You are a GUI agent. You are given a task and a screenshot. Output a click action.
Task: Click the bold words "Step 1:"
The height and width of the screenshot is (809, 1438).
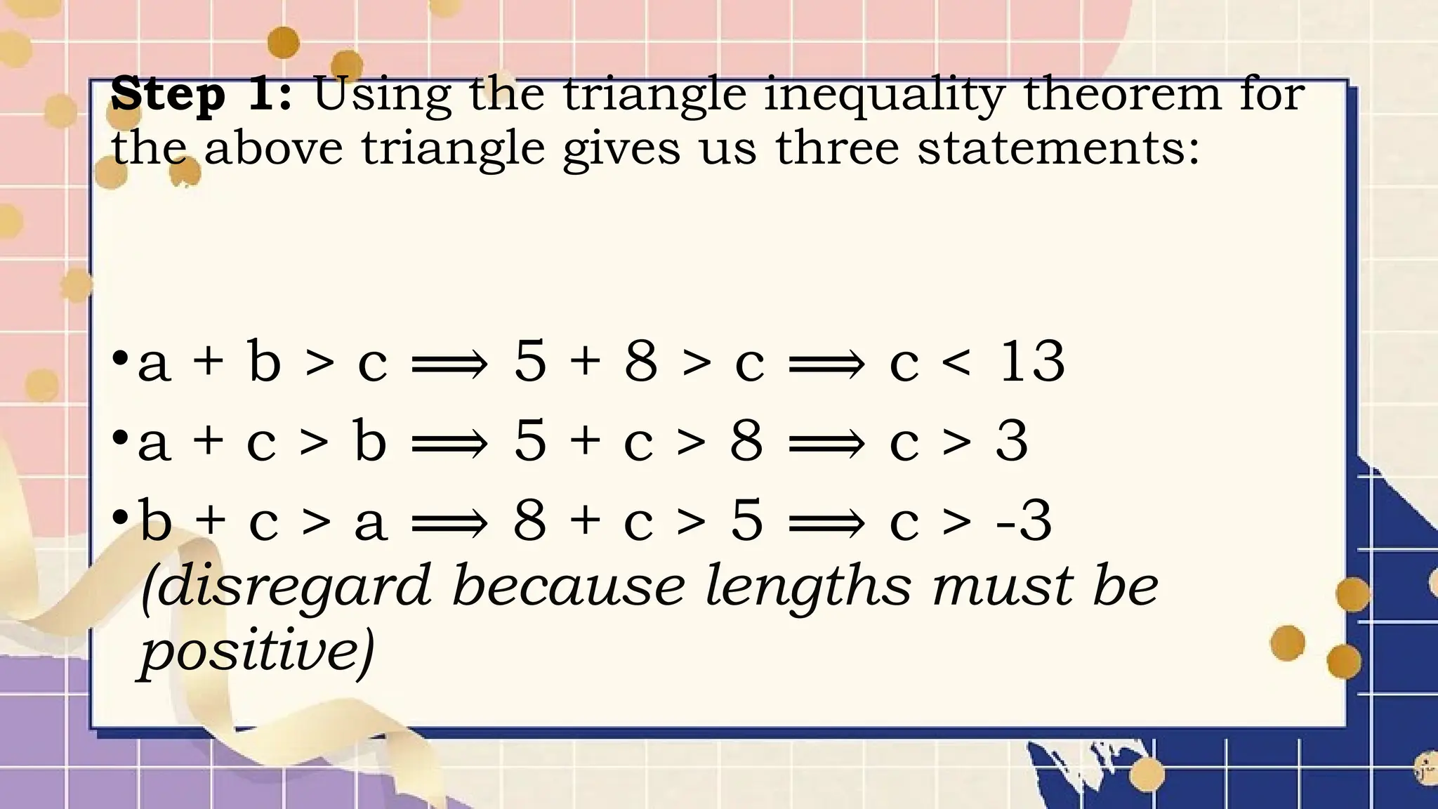point(201,94)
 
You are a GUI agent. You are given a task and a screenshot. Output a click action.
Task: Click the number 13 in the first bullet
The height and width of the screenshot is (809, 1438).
point(1031,361)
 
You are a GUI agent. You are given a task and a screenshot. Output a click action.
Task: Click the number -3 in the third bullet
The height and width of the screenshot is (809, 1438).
point(1024,520)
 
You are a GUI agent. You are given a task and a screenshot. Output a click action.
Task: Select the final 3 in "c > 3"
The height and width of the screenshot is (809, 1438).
point(1012,441)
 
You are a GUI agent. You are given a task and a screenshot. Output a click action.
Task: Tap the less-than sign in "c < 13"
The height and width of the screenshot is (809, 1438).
point(957,362)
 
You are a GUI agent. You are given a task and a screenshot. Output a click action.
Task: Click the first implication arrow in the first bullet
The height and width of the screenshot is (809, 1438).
point(449,364)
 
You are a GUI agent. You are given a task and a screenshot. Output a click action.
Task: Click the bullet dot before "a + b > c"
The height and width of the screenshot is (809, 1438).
point(120,358)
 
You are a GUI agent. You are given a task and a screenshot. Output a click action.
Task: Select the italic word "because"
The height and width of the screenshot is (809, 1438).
point(568,586)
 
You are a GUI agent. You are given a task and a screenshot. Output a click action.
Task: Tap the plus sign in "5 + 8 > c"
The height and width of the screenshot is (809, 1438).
point(586,362)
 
